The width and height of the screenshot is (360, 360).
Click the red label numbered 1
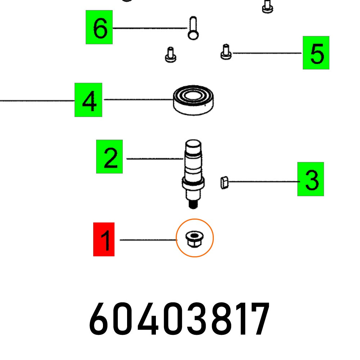(x=104, y=239)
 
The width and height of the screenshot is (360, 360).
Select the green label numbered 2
(x=109, y=157)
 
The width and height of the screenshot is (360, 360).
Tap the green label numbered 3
(x=310, y=179)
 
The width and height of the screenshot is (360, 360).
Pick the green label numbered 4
(x=88, y=100)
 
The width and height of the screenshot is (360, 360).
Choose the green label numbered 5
(x=316, y=53)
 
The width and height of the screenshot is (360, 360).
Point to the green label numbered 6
(x=99, y=27)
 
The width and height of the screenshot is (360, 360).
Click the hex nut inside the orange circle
(x=194, y=239)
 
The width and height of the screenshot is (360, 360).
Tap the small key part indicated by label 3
(x=224, y=183)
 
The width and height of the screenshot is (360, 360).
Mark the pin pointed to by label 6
(x=193, y=28)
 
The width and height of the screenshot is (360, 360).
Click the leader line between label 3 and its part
(x=263, y=183)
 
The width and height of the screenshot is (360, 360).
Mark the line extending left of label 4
(x=36, y=101)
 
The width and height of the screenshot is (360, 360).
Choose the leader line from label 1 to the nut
(x=148, y=240)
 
